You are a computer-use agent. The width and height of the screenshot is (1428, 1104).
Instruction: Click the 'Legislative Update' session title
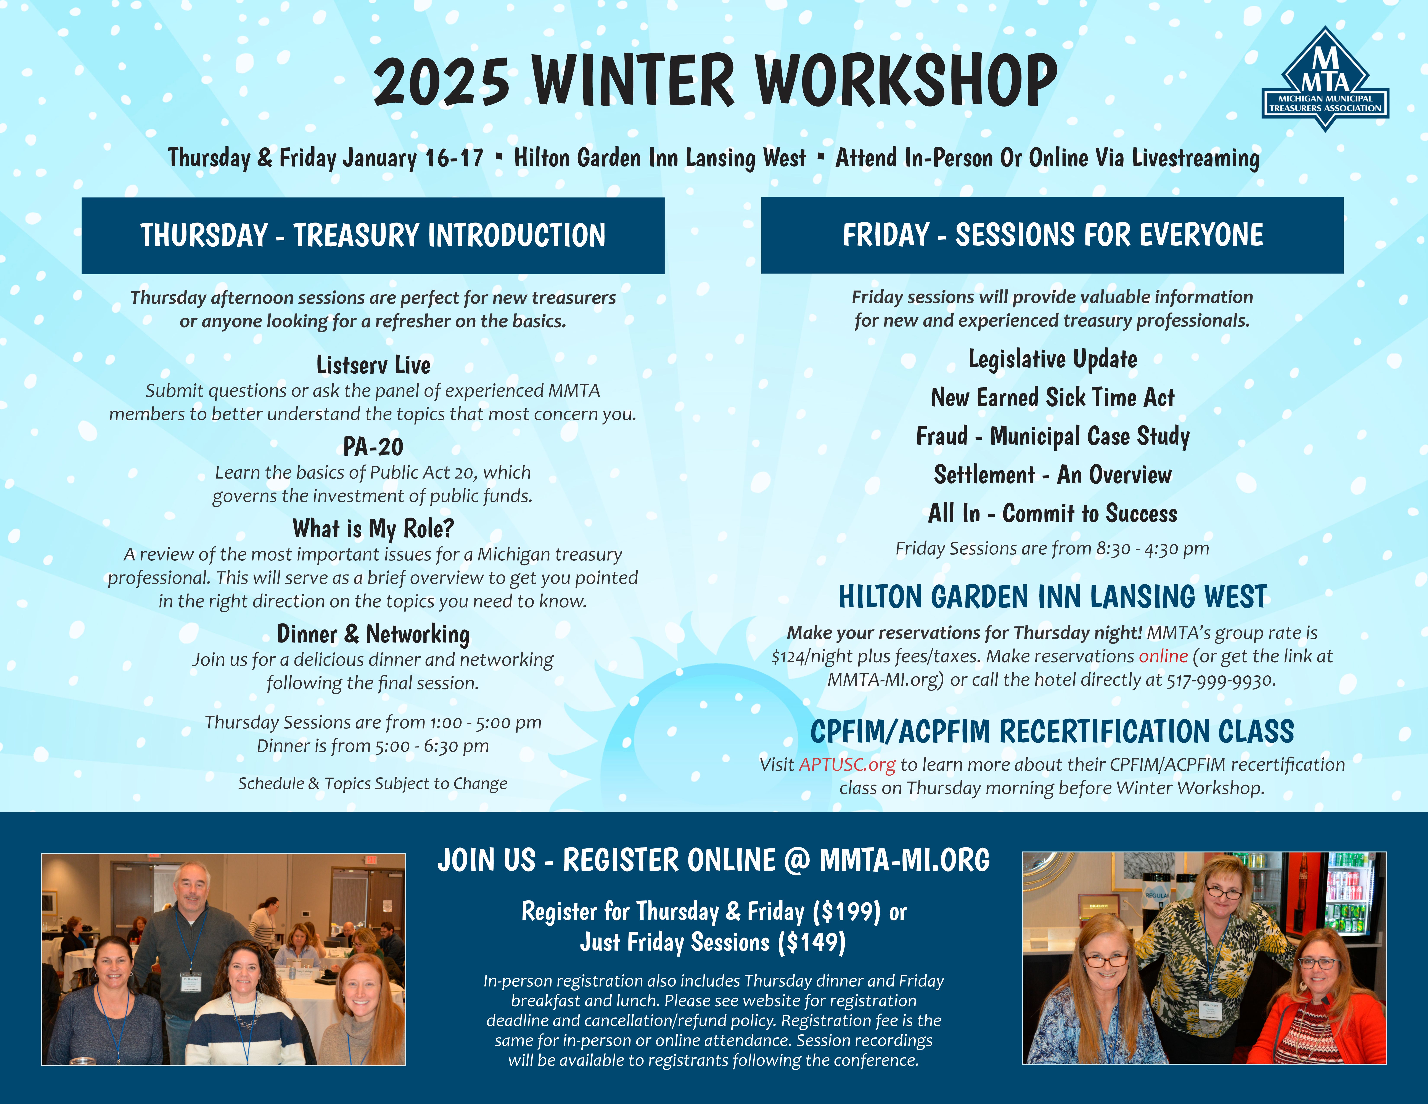[1053, 359]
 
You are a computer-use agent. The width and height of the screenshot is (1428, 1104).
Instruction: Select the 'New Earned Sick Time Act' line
[1053, 398]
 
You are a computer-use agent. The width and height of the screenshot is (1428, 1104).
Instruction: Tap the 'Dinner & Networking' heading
[373, 634]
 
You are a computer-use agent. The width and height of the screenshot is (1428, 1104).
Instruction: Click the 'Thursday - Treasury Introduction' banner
[373, 236]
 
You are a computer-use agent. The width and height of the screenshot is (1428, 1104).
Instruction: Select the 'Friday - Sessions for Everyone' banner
[1052, 235]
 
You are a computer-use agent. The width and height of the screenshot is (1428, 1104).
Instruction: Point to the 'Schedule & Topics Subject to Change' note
[373, 784]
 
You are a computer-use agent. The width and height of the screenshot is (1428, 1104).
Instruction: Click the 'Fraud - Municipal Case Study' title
[1053, 436]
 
